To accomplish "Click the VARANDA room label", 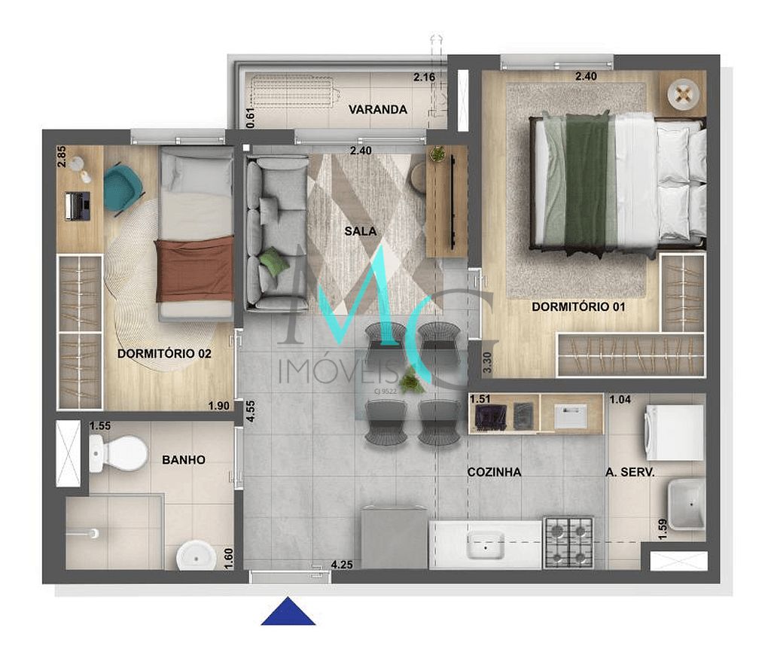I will (x=378, y=110).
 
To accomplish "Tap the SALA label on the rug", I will (x=360, y=231).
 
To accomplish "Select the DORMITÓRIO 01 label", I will (x=578, y=307).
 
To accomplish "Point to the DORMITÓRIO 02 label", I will (x=164, y=354).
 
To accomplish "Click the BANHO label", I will (x=184, y=459).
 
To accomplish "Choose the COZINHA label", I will (x=494, y=472).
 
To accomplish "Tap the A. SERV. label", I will (x=629, y=472).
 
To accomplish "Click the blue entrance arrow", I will (x=288, y=611).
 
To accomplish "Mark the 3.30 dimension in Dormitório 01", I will (x=487, y=364).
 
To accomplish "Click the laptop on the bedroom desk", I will (x=78, y=206).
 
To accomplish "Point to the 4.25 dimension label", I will (x=341, y=564).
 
